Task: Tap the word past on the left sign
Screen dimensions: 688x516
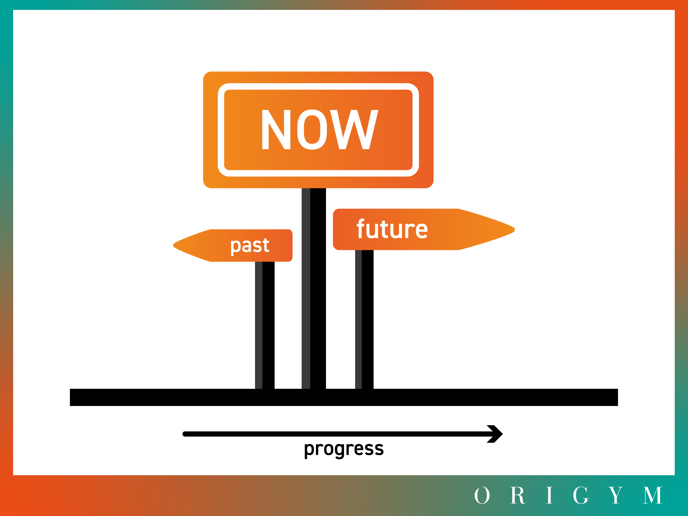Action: click(250, 246)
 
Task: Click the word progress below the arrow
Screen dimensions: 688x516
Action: click(344, 449)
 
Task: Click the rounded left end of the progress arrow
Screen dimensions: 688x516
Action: click(185, 434)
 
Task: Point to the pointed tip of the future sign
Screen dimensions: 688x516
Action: click(514, 230)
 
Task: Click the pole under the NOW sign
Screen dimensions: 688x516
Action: click(314, 288)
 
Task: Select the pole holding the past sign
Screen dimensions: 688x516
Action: click(265, 325)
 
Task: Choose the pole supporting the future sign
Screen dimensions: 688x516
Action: click(364, 319)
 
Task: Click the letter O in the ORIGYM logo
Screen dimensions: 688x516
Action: click(482, 495)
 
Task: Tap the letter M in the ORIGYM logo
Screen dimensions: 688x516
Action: click(653, 495)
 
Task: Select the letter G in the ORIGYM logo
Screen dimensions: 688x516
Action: click(581, 495)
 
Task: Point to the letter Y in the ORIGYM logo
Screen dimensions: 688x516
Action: click(616, 495)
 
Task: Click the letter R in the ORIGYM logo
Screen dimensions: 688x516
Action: click(518, 495)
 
